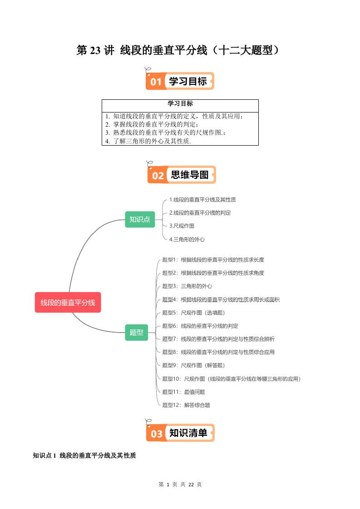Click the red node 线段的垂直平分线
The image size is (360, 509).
(x=68, y=303)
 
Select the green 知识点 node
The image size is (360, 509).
(x=139, y=220)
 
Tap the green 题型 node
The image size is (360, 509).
(x=136, y=333)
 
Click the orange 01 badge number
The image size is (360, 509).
(x=156, y=82)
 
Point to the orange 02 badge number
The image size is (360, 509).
(x=158, y=176)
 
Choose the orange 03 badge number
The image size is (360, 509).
(x=156, y=434)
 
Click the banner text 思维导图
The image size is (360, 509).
(x=189, y=175)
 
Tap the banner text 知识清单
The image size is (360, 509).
(x=188, y=433)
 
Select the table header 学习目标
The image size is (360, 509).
(x=180, y=104)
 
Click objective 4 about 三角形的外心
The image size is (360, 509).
(x=148, y=141)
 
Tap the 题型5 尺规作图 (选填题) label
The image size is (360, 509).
(x=193, y=313)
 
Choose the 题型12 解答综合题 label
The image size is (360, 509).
(x=186, y=405)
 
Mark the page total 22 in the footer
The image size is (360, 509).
(x=191, y=485)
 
